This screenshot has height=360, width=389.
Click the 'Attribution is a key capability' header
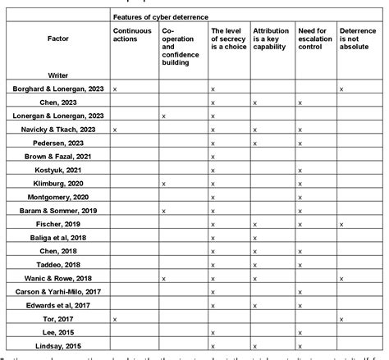click(x=272, y=41)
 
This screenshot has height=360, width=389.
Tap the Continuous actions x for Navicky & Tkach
click(x=115, y=129)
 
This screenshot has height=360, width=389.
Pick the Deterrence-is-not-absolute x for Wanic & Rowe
click(x=341, y=278)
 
